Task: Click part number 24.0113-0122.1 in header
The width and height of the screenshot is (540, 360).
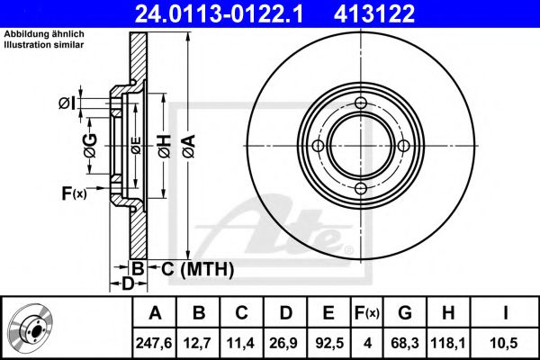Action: pyautogui.click(x=220, y=13)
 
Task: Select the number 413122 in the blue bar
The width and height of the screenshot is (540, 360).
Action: pyautogui.click(x=374, y=13)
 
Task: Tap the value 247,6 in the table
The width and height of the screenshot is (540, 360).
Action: pyautogui.click(x=154, y=343)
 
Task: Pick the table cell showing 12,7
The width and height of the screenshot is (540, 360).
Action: pyautogui.click(x=198, y=343)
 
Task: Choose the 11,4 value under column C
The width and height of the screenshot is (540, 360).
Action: pyautogui.click(x=240, y=343)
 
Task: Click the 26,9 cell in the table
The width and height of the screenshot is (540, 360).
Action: pyautogui.click(x=284, y=343)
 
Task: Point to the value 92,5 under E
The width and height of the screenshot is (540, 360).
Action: pyautogui.click(x=328, y=343)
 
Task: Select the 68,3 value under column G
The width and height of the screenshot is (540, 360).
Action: pyautogui.click(x=405, y=343)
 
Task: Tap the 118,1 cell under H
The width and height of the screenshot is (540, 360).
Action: pyautogui.click(x=447, y=343)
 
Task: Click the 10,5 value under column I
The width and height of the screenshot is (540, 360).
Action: pyautogui.click(x=505, y=343)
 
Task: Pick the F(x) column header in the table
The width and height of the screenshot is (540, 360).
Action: pyautogui.click(x=367, y=313)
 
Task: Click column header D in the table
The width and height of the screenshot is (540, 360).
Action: pyautogui.click(x=286, y=313)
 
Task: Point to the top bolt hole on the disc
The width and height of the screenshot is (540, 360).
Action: pyautogui.click(x=361, y=103)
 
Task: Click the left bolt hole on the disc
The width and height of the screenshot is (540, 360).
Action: pyautogui.click(x=318, y=146)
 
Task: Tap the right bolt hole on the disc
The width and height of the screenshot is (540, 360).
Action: pyautogui.click(x=403, y=146)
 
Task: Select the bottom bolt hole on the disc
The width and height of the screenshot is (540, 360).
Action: pyautogui.click(x=361, y=188)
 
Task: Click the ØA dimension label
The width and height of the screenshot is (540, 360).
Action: pyautogui.click(x=189, y=147)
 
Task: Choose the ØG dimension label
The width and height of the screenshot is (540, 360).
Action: pyautogui.click(x=91, y=146)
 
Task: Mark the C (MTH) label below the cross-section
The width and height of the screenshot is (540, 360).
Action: pyautogui.click(x=198, y=269)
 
